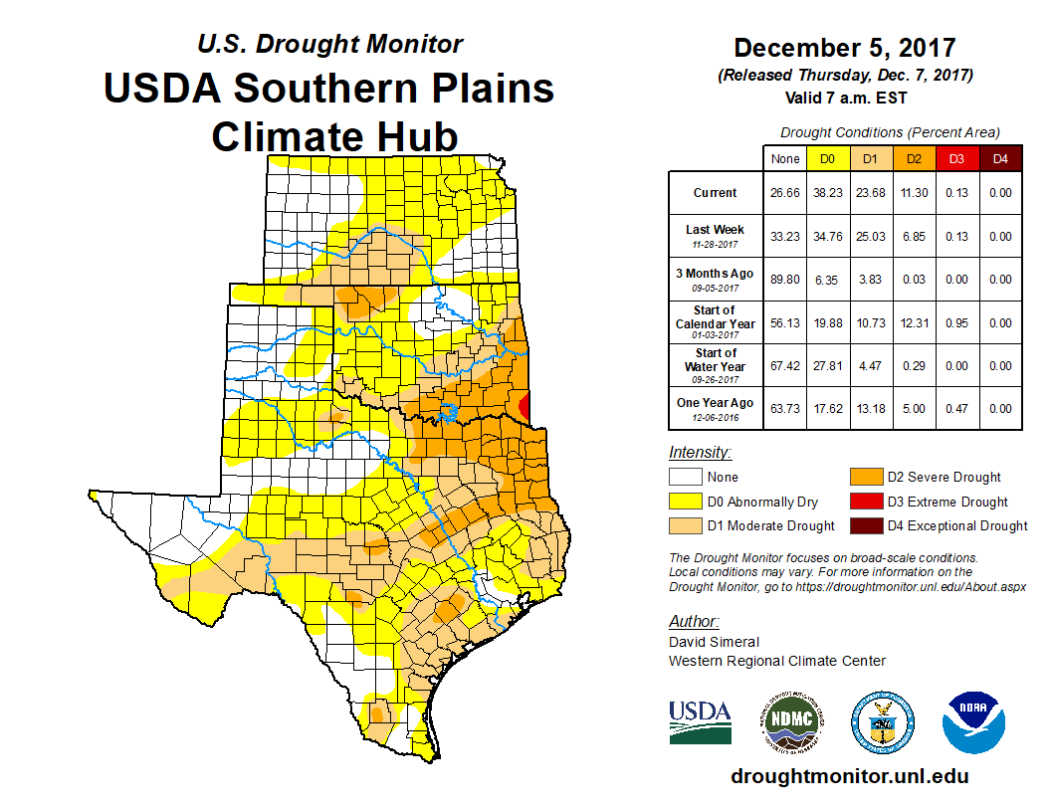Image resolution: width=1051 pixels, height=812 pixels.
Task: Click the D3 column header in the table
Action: click(x=955, y=158)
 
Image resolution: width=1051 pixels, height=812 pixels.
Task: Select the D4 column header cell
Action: click(x=1000, y=158)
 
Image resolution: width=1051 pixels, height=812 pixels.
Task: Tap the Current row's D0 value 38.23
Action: click(x=827, y=193)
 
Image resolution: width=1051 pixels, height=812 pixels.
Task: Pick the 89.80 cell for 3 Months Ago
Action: click(x=785, y=280)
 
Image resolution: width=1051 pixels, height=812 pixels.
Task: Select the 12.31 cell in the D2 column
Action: click(x=914, y=322)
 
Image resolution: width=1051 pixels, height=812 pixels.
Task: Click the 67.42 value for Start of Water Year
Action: click(x=785, y=366)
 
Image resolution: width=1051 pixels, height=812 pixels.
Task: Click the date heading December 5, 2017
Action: click(x=844, y=48)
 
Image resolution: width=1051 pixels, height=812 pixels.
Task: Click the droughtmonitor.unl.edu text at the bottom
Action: click(x=849, y=776)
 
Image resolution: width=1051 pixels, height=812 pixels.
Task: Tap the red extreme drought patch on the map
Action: click(x=526, y=406)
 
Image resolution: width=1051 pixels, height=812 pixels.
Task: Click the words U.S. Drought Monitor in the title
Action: click(x=329, y=45)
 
